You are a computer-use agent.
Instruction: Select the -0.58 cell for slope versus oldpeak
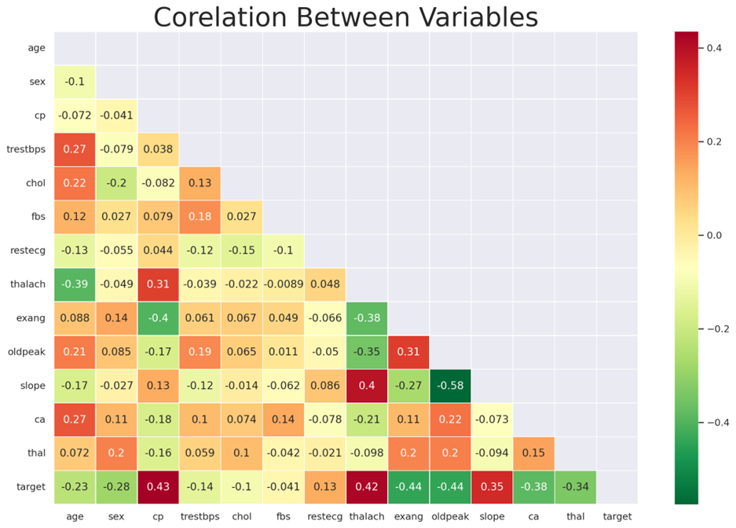(450, 385)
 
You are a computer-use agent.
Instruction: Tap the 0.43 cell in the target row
(159, 486)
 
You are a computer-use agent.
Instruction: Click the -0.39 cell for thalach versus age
(75, 284)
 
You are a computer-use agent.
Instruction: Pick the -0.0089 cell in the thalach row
(284, 284)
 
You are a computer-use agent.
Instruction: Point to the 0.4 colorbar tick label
(713, 48)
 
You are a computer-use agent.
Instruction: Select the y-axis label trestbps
(27, 148)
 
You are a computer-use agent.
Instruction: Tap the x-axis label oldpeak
(450, 516)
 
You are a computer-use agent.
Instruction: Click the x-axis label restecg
(325, 516)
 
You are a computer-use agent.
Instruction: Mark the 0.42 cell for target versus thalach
(367, 486)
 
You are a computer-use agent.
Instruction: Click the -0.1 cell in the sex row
(75, 81)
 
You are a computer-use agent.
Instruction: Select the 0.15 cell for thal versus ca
(534, 453)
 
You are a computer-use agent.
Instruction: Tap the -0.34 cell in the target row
(576, 486)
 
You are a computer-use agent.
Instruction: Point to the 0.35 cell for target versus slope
(492, 486)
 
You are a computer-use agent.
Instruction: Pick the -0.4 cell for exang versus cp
(159, 317)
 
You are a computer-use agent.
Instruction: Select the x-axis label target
(617, 516)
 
